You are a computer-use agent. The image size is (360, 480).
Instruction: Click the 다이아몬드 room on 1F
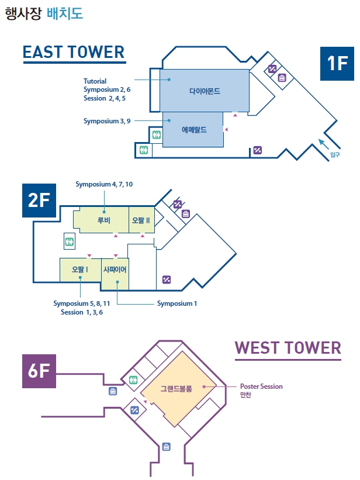[x=205, y=91]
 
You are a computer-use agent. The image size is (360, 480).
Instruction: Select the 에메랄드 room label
[x=194, y=130]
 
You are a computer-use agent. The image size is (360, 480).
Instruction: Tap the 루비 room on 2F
[x=104, y=220]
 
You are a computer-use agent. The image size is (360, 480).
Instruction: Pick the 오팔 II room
[x=141, y=220]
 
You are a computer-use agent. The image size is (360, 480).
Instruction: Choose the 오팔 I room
[x=80, y=270]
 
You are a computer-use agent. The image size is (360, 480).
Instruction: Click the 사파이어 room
[x=115, y=270]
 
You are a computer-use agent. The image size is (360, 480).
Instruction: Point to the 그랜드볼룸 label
[x=176, y=388]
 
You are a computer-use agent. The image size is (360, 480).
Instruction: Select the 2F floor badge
[x=39, y=201]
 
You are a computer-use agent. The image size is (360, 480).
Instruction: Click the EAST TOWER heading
[x=74, y=52]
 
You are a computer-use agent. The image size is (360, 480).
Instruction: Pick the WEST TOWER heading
[x=288, y=348]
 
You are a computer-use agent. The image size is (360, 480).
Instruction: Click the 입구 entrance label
[x=335, y=155]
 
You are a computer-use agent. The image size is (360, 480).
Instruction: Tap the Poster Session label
[x=261, y=386]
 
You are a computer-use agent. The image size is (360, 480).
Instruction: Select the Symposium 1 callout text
[x=177, y=303]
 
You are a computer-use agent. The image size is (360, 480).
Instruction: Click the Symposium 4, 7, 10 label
[x=104, y=184]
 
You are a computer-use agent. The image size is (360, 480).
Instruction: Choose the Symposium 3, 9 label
[x=107, y=121]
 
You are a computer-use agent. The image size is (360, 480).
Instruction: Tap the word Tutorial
[x=95, y=81]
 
